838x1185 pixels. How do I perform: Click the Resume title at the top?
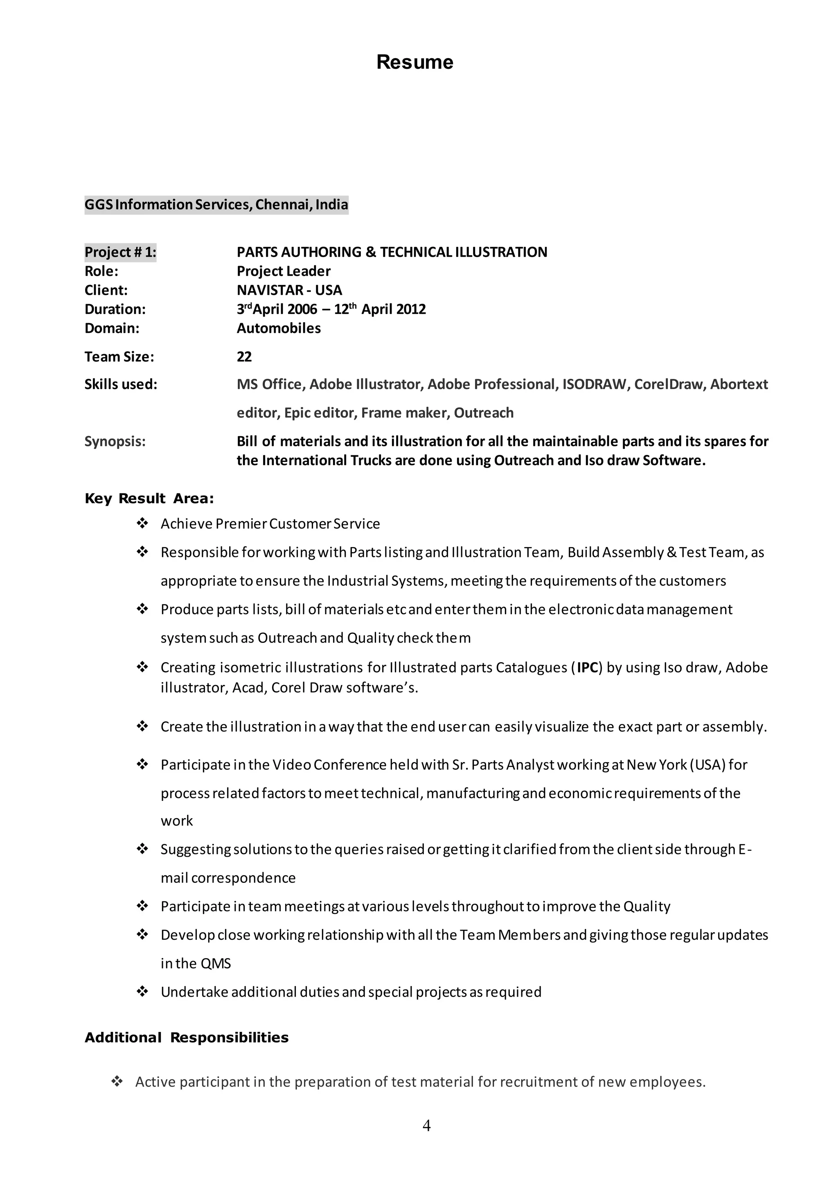tap(414, 62)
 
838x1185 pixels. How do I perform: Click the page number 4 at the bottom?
tap(426, 1125)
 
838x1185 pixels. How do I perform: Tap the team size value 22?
tap(244, 357)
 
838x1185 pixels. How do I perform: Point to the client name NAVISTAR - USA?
tap(289, 290)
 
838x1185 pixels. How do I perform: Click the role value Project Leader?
tap(283, 271)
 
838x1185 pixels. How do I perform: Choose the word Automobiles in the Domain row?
tap(279, 328)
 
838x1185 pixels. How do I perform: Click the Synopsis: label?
tap(115, 441)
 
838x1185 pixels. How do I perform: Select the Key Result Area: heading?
tap(149, 498)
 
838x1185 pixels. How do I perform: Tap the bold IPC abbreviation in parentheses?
tap(587, 667)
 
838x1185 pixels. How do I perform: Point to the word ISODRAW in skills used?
tap(595, 384)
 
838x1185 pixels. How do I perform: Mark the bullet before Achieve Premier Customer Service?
tap(142, 524)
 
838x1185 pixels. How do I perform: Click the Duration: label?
tap(115, 309)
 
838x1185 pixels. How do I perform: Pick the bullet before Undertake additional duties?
tap(142, 992)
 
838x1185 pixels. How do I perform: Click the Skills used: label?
tap(121, 384)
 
